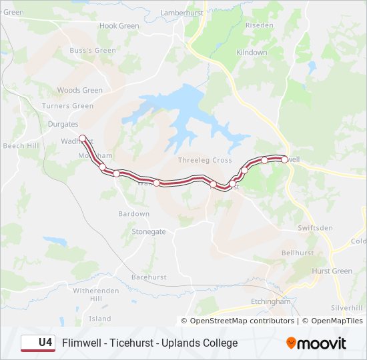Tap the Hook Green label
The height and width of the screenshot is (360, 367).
[x=119, y=26]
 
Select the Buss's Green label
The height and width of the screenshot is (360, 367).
[x=93, y=50]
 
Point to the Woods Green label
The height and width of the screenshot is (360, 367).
[x=80, y=90]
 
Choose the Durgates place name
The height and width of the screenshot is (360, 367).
[x=63, y=124]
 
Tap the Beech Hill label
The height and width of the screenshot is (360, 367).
[x=21, y=145]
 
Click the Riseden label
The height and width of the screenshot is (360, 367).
[x=260, y=25]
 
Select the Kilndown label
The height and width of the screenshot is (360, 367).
[x=252, y=52]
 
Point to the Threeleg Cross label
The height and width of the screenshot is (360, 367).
[x=205, y=161]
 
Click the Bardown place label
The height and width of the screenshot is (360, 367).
[x=133, y=214]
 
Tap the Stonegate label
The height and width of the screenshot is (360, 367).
[x=148, y=232]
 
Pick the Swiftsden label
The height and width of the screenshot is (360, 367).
[x=316, y=228]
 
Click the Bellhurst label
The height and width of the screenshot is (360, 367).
[x=298, y=253]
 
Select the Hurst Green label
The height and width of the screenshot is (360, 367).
[x=332, y=271]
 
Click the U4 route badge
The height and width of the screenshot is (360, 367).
[x=38, y=343]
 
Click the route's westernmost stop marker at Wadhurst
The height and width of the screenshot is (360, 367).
[x=82, y=139]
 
